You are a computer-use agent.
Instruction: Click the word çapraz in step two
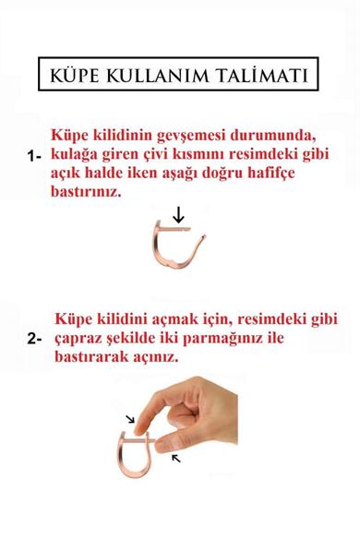(79, 337)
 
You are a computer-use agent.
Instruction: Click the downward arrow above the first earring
(178, 215)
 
